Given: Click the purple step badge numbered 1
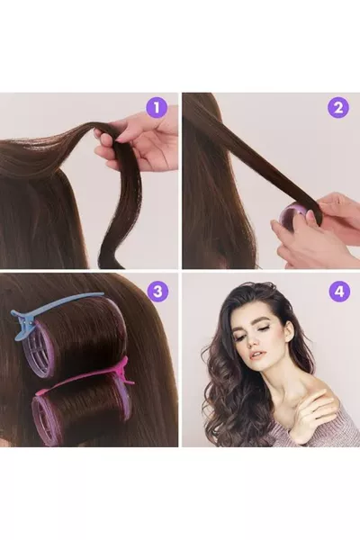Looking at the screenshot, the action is click(x=157, y=108).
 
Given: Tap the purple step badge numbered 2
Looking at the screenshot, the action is click(x=338, y=108).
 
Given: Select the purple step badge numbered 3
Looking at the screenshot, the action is click(x=157, y=292).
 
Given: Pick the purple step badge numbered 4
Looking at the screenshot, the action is click(x=339, y=292).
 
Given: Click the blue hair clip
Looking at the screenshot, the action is click(x=51, y=306).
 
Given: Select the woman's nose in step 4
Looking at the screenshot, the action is click(x=256, y=340).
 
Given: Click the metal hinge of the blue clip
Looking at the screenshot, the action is click(x=31, y=323).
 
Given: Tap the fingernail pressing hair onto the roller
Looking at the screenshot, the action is click(x=312, y=217).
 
